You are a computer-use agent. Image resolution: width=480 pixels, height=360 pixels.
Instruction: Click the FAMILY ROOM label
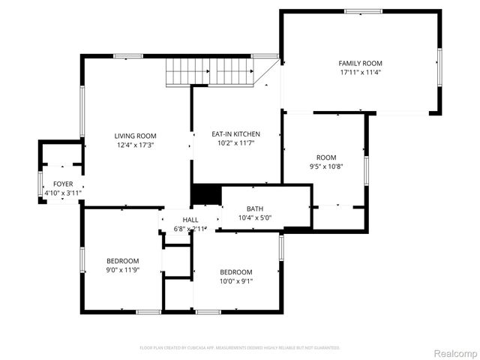[x=361, y=63]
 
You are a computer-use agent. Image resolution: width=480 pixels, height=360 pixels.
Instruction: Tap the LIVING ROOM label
[x=135, y=136]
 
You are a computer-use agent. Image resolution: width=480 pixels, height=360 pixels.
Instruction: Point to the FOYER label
[x=63, y=184]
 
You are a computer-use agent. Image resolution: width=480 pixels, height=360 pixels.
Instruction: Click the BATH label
[x=255, y=208]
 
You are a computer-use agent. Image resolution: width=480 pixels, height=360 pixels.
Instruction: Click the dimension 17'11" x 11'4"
[x=361, y=73]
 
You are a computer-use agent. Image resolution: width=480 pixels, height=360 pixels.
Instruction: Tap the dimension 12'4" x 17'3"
[x=135, y=145]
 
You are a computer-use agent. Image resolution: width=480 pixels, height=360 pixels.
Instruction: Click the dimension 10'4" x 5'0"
[x=255, y=218]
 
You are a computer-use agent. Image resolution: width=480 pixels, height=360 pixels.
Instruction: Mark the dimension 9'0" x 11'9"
[x=123, y=270]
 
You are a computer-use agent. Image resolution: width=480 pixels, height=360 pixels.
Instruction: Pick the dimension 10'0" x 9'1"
[x=235, y=281]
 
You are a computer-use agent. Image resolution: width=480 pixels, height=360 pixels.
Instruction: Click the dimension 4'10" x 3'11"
[x=63, y=193]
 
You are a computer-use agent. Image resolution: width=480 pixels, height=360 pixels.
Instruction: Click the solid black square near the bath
[x=206, y=194]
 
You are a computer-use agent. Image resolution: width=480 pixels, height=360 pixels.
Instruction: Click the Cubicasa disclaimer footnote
[x=240, y=348]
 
